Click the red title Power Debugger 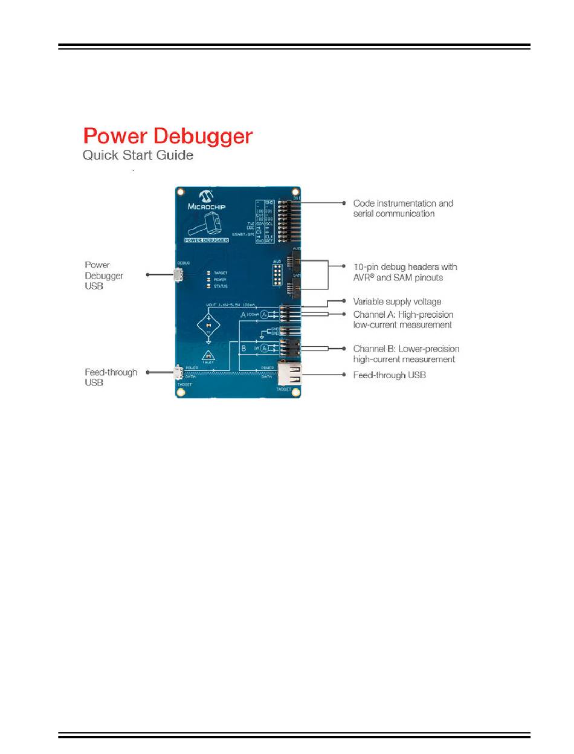click(167, 136)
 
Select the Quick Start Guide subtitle click(138, 155)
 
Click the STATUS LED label click(220, 287)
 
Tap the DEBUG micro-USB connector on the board click(179, 275)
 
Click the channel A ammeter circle click(263, 315)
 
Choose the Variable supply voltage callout click(397, 301)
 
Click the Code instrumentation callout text click(402, 208)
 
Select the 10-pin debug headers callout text click(405, 272)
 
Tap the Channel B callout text click(405, 354)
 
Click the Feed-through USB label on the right click(389, 375)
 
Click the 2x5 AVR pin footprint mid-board click(277, 273)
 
